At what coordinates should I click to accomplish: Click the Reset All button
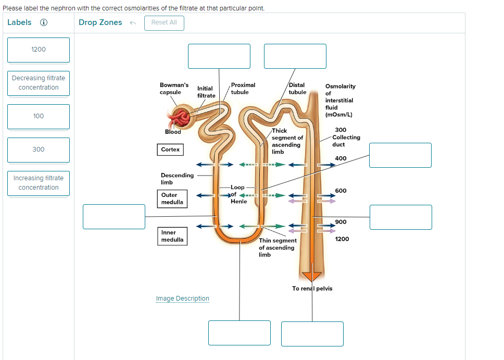click(164, 22)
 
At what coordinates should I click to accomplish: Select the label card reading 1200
click(39, 49)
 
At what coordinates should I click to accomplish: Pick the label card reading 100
click(39, 116)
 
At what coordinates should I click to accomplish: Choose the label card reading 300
click(39, 150)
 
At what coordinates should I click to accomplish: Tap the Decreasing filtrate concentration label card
click(39, 83)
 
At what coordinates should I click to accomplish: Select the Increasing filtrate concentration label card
click(39, 183)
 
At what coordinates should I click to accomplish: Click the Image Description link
click(182, 299)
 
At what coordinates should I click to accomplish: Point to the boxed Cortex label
click(170, 150)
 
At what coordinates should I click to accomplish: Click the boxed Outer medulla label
click(172, 198)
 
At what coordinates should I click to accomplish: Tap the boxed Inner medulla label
click(172, 236)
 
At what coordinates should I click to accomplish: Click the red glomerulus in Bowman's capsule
click(182, 119)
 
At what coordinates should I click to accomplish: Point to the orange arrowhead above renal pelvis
click(312, 276)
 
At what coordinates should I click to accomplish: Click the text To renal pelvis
click(312, 289)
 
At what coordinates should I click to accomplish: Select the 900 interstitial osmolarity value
click(341, 222)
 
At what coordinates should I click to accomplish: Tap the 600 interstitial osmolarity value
click(341, 191)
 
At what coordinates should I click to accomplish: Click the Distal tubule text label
click(297, 89)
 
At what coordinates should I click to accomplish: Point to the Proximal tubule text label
click(243, 89)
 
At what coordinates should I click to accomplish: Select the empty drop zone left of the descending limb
click(114, 217)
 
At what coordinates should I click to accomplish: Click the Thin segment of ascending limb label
click(278, 247)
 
